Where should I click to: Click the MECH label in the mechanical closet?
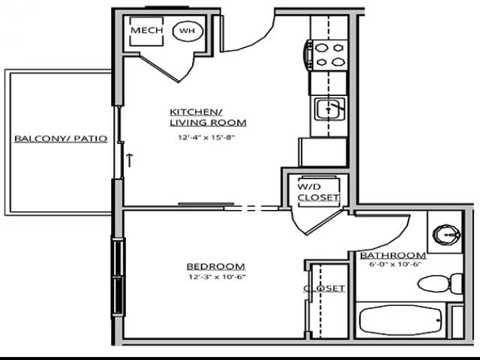pyautogui.click(x=147, y=30)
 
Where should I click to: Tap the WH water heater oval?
pyautogui.click(x=188, y=31)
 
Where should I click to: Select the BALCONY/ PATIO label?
pyautogui.click(x=61, y=139)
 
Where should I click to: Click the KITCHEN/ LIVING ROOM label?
pyautogui.click(x=208, y=117)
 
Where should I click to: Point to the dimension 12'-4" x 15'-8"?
pyautogui.click(x=206, y=137)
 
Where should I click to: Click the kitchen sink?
pyautogui.click(x=329, y=109)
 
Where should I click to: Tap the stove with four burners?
pyautogui.click(x=326, y=55)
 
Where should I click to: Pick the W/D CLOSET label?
pyautogui.click(x=318, y=192)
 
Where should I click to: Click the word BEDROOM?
pyautogui.click(x=216, y=266)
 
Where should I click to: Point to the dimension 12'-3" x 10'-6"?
pyautogui.click(x=217, y=277)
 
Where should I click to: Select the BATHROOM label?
pyautogui.click(x=393, y=255)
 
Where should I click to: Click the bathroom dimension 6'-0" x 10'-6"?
pyautogui.click(x=393, y=264)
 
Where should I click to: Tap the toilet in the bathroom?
pyautogui.click(x=439, y=284)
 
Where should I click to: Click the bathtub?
pyautogui.click(x=401, y=320)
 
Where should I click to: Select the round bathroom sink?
pyautogui.click(x=446, y=235)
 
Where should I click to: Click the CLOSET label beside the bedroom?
pyautogui.click(x=324, y=288)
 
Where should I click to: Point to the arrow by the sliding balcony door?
pyautogui.click(x=130, y=160)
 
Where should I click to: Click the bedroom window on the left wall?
pyautogui.click(x=118, y=277)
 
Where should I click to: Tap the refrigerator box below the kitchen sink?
pyautogui.click(x=323, y=152)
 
